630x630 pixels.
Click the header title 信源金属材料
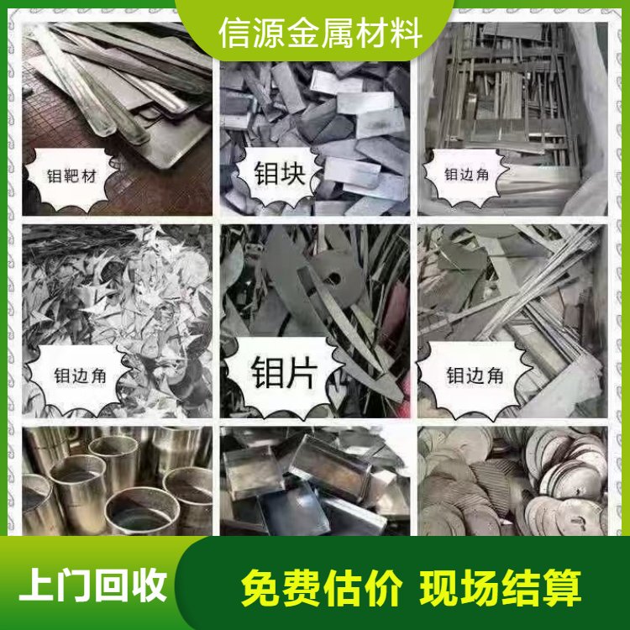point(320,33)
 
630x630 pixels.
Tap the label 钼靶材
point(72,176)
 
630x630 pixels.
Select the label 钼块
point(280,173)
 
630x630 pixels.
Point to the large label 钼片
point(284,372)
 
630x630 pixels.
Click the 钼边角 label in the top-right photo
point(466,175)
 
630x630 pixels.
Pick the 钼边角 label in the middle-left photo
point(80,376)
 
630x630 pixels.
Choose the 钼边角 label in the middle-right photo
point(475,375)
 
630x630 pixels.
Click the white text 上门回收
point(92,585)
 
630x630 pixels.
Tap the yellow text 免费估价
point(322,588)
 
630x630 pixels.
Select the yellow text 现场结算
point(501,588)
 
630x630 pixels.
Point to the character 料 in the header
point(407,33)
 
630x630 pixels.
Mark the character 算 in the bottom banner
point(562,588)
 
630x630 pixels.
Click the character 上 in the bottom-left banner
point(37,585)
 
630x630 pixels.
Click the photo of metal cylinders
point(117,481)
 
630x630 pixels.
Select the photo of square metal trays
point(315,481)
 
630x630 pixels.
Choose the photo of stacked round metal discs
point(512,481)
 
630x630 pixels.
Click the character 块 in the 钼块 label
point(293,173)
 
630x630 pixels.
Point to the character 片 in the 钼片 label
point(302,372)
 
